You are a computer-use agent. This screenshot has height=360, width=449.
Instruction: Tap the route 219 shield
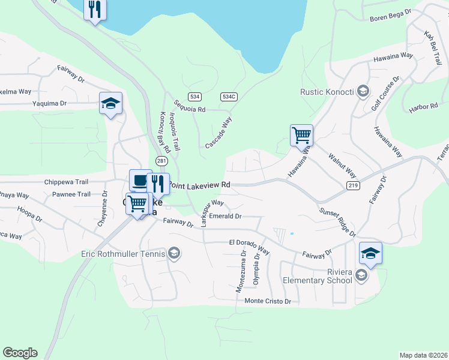tap(352, 186)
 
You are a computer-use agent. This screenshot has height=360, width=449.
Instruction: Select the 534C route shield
tap(229, 97)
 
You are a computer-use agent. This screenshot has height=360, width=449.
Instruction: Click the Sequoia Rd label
tap(190, 109)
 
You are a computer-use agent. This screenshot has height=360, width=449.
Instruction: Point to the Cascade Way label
tap(218, 133)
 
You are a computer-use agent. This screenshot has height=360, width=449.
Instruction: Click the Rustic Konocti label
tap(328, 92)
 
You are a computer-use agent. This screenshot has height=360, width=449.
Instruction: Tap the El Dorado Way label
tap(249, 242)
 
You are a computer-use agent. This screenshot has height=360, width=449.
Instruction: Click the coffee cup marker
tap(140, 179)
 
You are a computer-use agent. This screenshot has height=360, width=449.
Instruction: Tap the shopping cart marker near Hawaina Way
tap(301, 134)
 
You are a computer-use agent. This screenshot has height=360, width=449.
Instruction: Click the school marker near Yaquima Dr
tap(110, 103)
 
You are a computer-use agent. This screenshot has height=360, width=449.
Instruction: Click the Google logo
tap(20, 353)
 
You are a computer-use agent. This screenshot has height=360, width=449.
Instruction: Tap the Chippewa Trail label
tap(66, 182)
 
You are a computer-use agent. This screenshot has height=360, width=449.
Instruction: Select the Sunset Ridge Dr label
tap(337, 222)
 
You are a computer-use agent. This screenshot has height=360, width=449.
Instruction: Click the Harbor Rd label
tap(424, 107)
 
